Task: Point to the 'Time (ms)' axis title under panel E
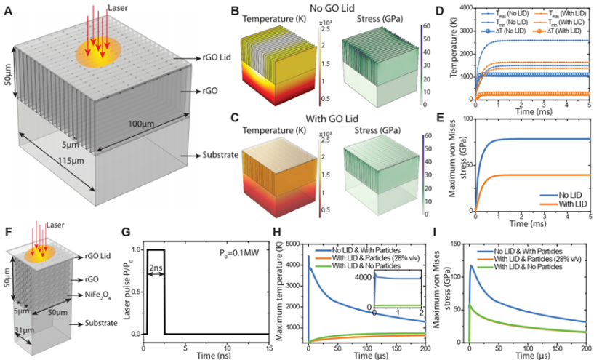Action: point(531,225)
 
